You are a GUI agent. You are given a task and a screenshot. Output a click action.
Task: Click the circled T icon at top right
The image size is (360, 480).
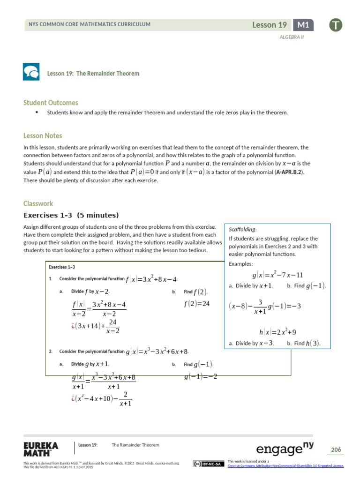pos(335,25)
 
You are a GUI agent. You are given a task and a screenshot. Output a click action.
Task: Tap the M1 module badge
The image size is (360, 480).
pos(303,25)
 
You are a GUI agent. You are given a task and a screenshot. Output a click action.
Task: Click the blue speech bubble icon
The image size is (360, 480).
pos(31,72)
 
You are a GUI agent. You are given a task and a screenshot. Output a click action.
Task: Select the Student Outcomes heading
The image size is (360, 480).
pos(51,103)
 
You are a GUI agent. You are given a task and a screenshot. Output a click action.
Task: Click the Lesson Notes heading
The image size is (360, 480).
pos(43,136)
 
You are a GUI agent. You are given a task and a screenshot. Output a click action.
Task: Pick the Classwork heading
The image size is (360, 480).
pos(38,203)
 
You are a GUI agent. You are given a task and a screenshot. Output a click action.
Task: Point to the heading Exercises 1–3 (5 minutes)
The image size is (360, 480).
pos(71,216)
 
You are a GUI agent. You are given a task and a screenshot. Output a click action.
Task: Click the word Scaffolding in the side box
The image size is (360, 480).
pos(242,230)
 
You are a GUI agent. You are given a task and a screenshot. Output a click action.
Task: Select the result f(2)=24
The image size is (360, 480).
pos(197,304)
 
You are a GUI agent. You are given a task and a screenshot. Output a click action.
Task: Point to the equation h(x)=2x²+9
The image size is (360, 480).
pos(277,332)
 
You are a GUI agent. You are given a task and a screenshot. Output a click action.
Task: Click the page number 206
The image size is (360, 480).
pos(336,450)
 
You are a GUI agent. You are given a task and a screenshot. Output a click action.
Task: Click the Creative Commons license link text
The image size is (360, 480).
pos(285,465)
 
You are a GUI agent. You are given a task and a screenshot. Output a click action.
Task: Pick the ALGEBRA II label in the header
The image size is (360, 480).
pos(292,37)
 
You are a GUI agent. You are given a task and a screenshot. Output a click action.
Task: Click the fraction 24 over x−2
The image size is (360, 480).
pos(112,327)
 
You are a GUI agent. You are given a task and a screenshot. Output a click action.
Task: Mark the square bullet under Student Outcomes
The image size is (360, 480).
pos(36,112)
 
